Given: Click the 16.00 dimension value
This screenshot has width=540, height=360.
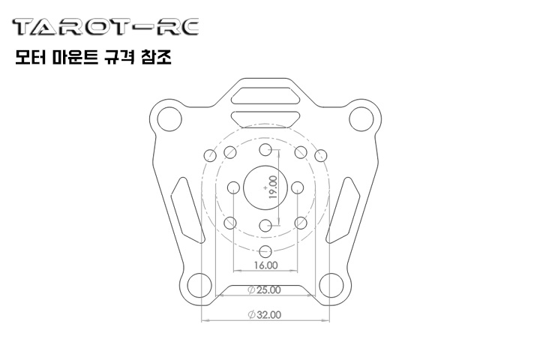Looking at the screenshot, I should pos(265,265).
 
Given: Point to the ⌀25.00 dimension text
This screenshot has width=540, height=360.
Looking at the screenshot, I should pos(264,289).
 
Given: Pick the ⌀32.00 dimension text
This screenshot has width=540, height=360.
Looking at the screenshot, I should pos(264,316).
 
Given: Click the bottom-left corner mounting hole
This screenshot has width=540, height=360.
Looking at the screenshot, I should pos(199,285).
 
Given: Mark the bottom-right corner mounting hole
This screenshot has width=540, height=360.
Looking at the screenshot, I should pos(331,285).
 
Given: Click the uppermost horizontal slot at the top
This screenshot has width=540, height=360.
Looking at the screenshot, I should pos(265,95).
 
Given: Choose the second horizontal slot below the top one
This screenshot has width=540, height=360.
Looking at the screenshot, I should pos(265,118).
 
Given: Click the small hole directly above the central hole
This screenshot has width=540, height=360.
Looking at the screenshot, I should pos(265,150).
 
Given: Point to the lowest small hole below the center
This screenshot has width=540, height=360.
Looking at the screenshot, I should pos(265,251).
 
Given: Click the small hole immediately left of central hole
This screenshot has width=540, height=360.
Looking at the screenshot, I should pos(232,187).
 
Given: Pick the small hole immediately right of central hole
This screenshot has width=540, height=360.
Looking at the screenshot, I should pos(298,187).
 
